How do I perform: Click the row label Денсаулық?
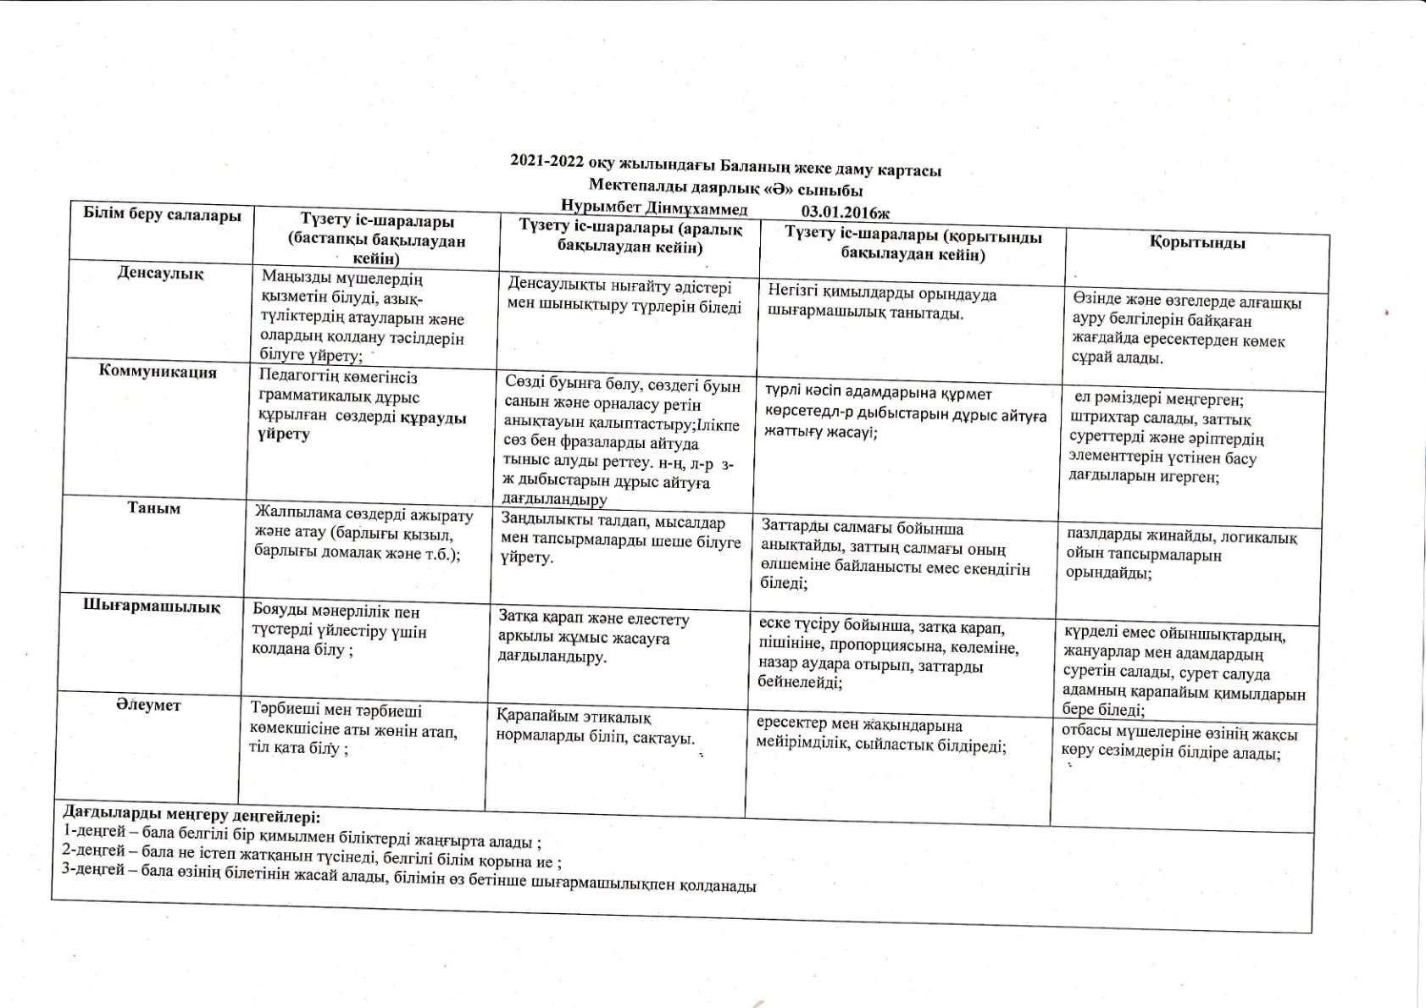pyautogui.click(x=160, y=274)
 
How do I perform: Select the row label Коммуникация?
pyautogui.click(x=158, y=372)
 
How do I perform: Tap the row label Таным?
pyautogui.click(x=153, y=508)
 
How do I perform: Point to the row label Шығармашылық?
pyautogui.click(x=152, y=606)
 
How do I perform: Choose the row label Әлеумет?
pyautogui.click(x=148, y=705)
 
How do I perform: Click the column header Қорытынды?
pyautogui.click(x=1197, y=243)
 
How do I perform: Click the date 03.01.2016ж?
pyautogui.click(x=845, y=212)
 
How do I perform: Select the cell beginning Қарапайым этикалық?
pyautogui.click(x=595, y=727)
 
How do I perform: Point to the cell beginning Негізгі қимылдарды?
pyautogui.click(x=882, y=303)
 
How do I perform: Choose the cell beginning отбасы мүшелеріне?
pyautogui.click(x=1179, y=743)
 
